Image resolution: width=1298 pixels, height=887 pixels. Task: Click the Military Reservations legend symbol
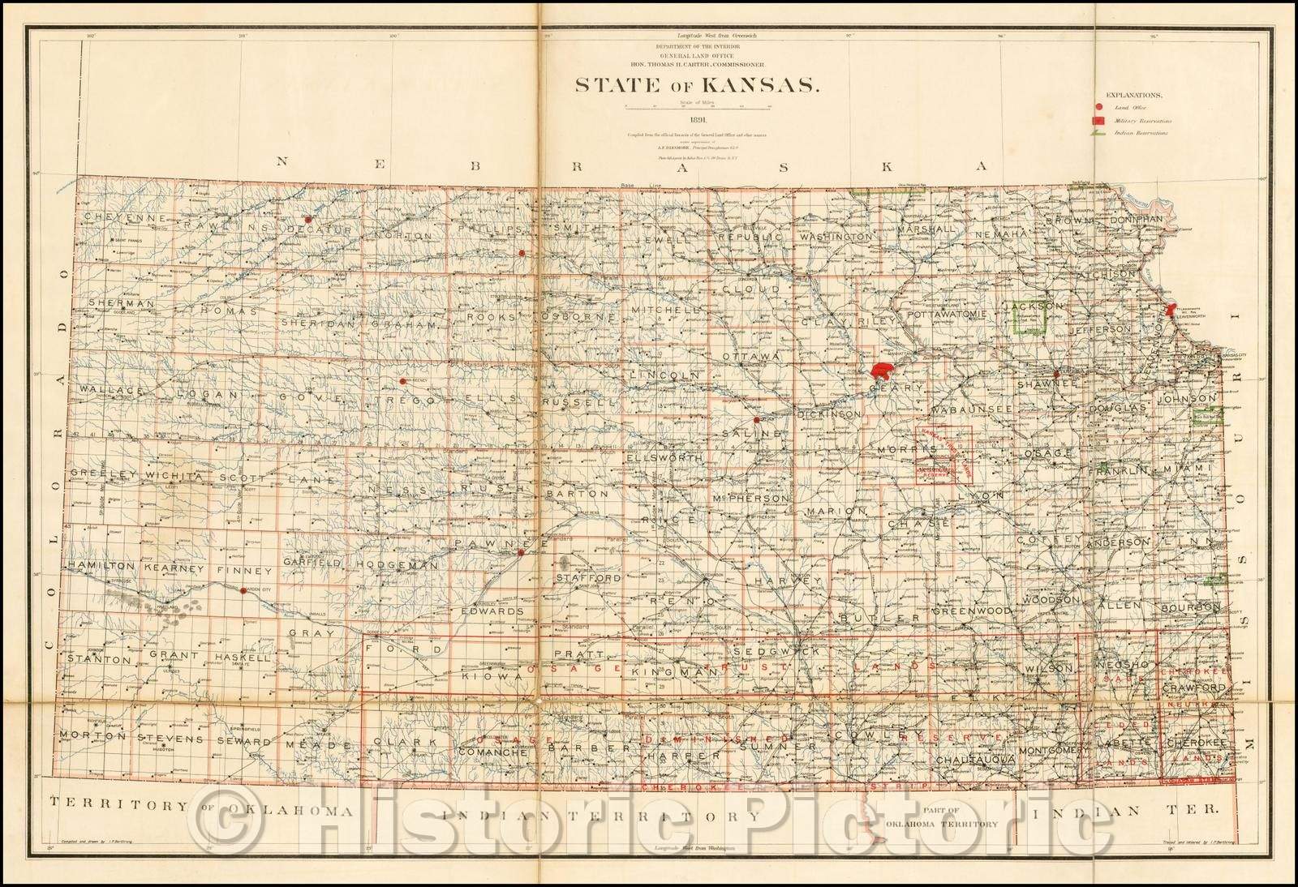pos(1098,120)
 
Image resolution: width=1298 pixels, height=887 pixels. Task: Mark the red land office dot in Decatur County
pos(307,218)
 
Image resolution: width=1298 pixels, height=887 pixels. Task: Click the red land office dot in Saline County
pos(756,420)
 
